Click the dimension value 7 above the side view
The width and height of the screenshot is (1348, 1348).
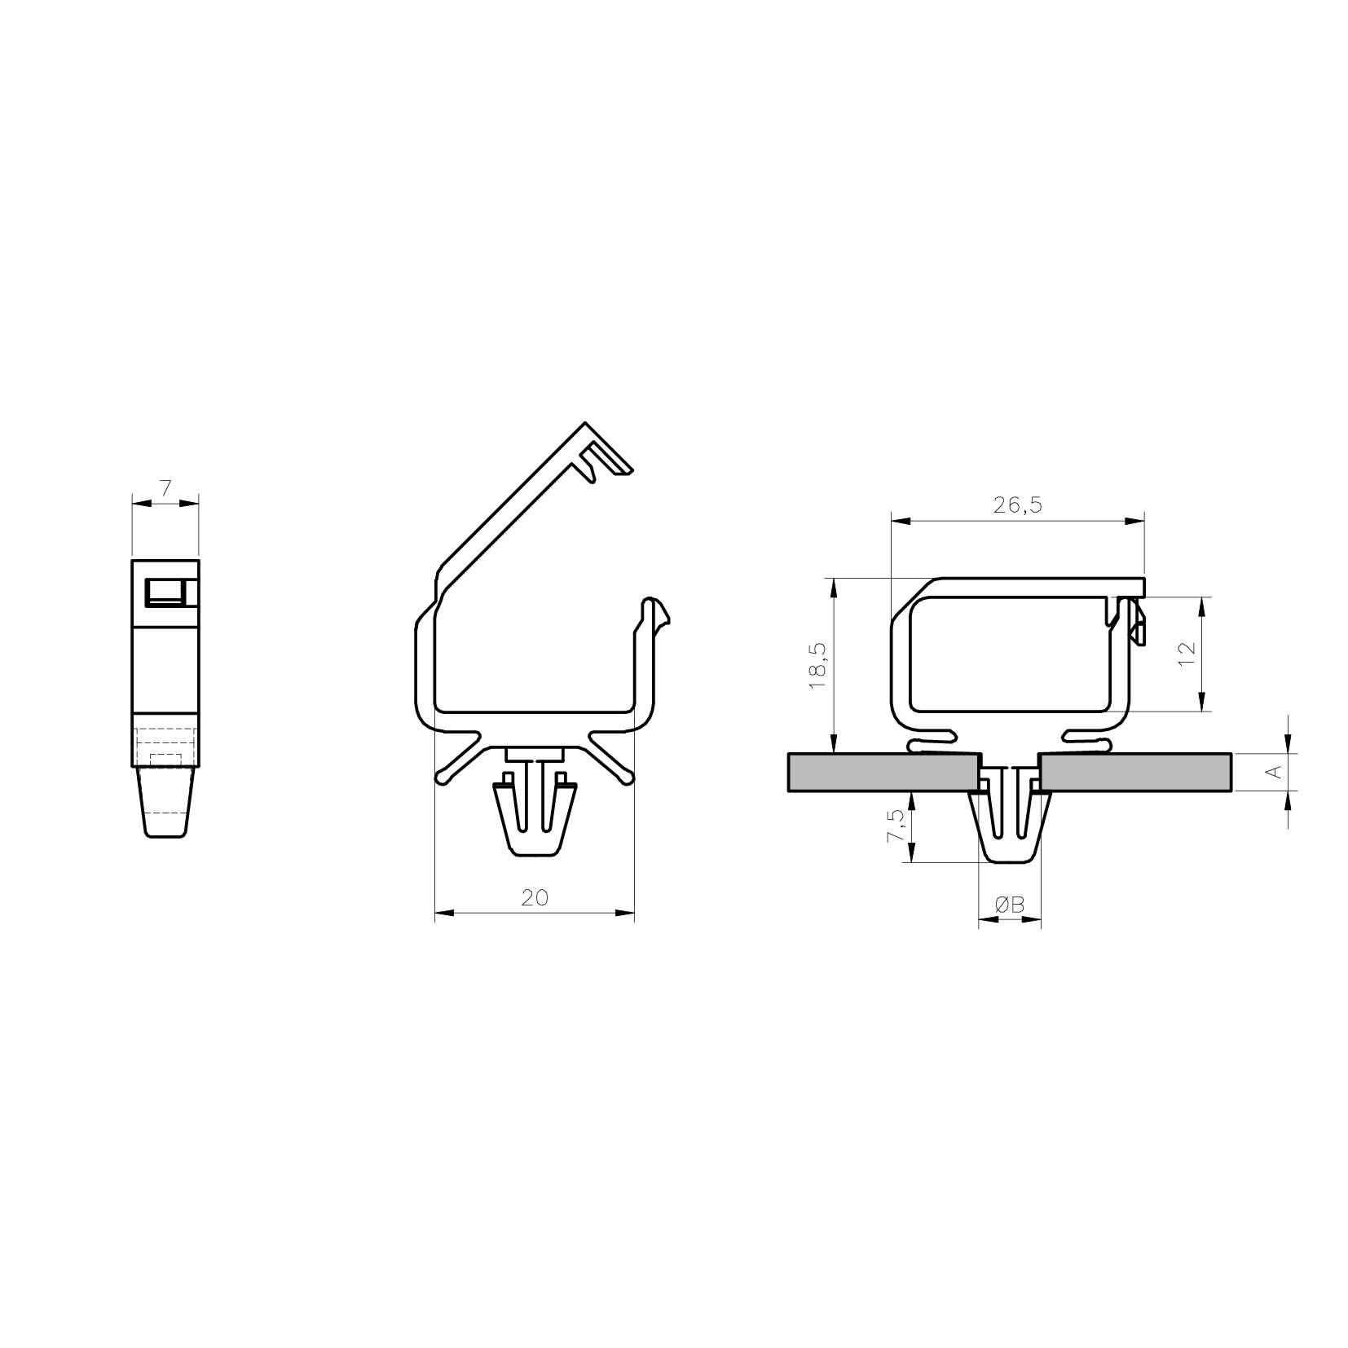click(x=165, y=489)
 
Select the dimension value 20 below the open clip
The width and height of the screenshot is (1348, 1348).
click(x=535, y=897)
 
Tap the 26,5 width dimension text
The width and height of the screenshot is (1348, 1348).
click(x=1018, y=505)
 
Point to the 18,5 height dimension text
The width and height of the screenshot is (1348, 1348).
click(x=819, y=665)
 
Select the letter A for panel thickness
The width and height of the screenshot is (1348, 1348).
click(x=1275, y=771)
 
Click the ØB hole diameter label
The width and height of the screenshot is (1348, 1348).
click(x=1009, y=905)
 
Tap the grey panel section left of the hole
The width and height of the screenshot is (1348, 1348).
click(x=883, y=772)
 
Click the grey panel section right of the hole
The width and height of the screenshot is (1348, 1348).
click(x=1136, y=772)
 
